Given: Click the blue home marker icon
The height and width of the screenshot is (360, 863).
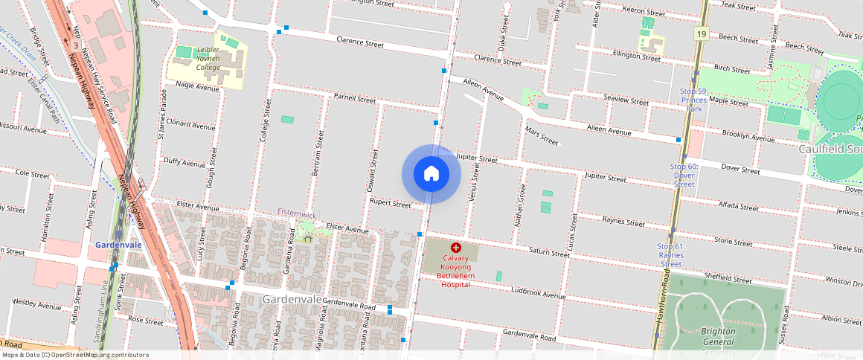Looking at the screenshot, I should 431,174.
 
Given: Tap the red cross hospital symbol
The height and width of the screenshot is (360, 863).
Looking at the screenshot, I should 456,247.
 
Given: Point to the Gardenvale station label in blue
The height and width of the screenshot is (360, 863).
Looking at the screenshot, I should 119,245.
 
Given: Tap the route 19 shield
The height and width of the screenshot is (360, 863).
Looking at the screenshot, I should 701,33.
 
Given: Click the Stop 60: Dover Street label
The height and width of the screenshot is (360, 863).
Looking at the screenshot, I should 684,175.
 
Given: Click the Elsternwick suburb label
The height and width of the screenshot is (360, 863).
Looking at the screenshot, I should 297,213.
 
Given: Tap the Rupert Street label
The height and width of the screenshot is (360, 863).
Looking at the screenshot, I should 391,203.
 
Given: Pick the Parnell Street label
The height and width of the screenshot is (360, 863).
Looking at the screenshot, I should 355,98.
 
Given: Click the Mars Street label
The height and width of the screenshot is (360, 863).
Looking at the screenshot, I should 542,136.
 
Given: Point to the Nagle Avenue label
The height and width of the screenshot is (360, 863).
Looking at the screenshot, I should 197,87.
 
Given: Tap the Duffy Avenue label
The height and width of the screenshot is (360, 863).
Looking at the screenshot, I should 184,163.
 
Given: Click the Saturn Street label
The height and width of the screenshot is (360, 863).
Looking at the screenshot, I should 549,254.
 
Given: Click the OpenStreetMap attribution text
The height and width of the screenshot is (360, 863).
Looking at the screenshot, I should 74,355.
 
